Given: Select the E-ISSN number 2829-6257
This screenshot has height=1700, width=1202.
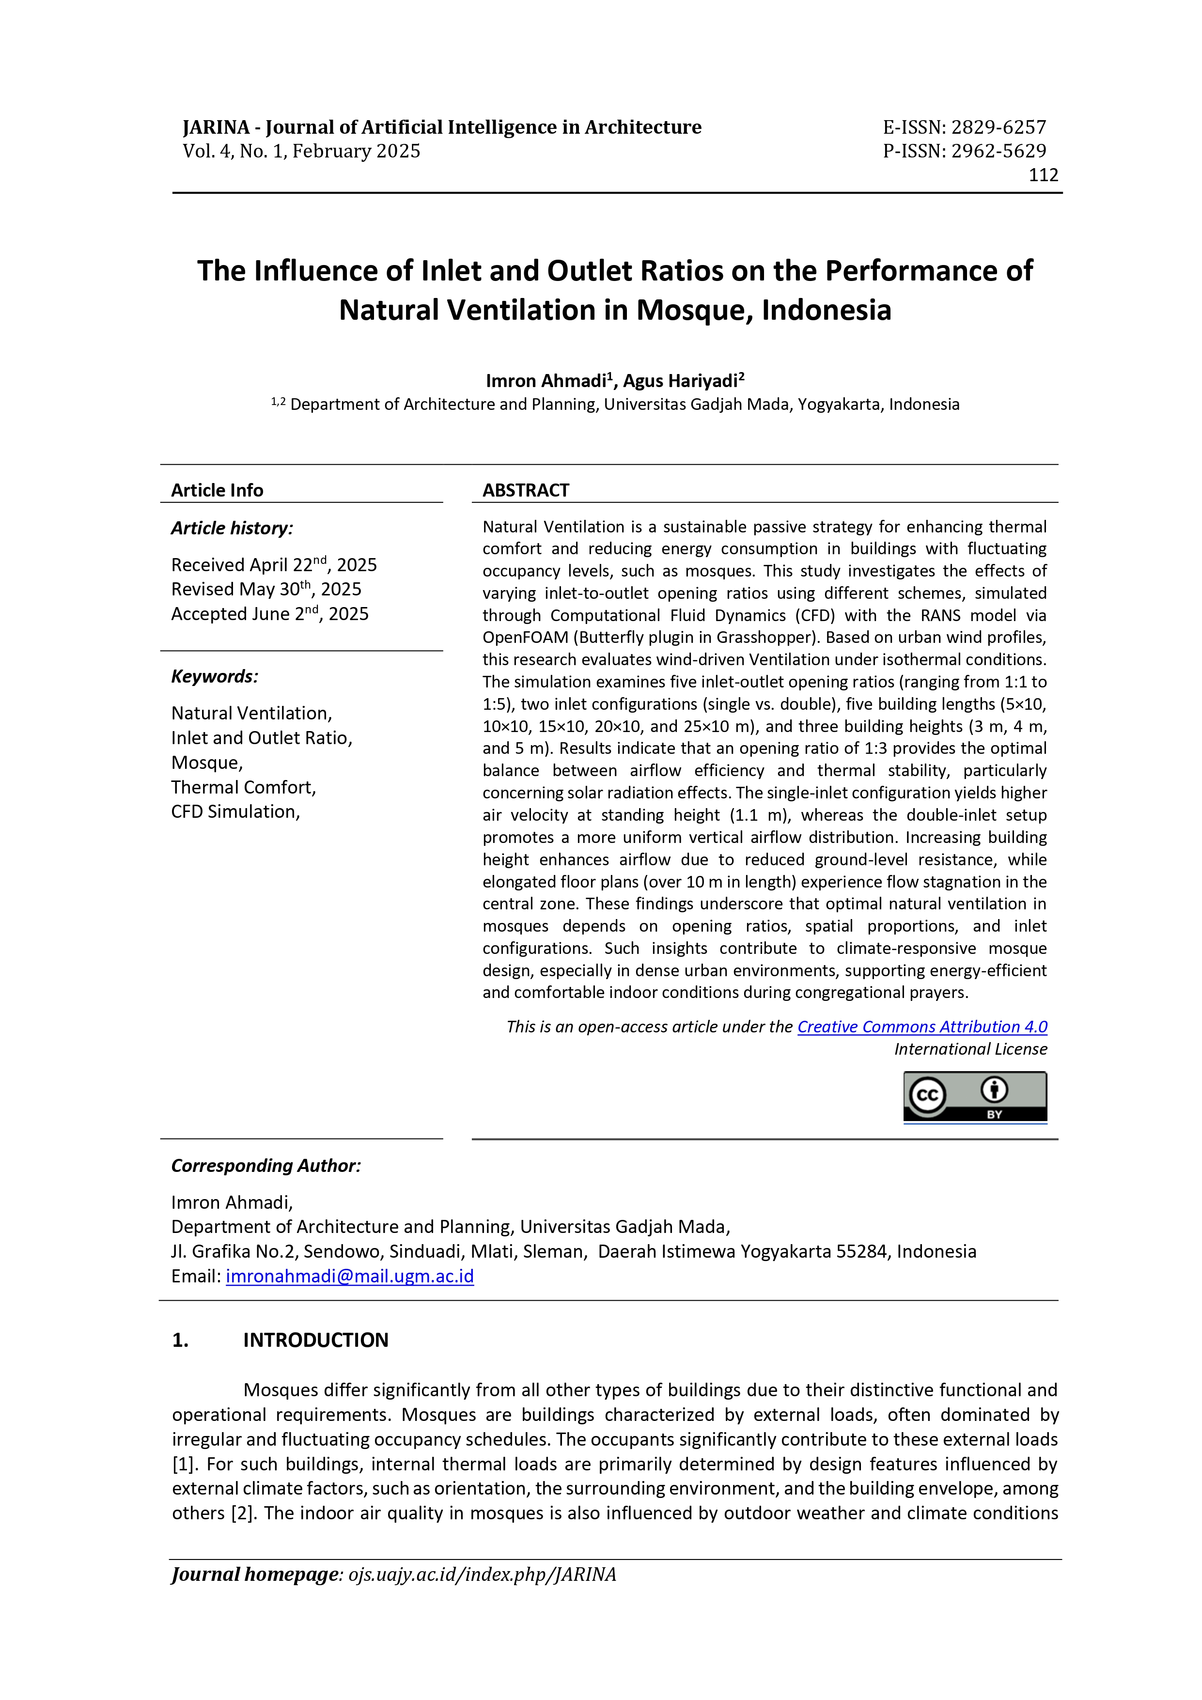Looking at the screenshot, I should pyautogui.click(x=999, y=127).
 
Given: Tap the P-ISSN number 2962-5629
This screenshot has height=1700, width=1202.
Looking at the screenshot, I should pyautogui.click(x=999, y=151).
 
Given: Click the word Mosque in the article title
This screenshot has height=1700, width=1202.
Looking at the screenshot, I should pyautogui.click(x=694, y=310).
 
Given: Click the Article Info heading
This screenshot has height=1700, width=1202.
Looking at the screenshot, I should pyautogui.click(x=217, y=490).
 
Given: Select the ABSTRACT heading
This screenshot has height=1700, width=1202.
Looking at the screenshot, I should pyautogui.click(x=526, y=490).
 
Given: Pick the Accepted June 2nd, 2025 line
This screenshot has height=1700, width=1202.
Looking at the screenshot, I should pyautogui.click(x=269, y=614).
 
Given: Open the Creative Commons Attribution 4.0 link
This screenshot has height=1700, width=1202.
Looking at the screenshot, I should pyautogui.click(x=922, y=1027).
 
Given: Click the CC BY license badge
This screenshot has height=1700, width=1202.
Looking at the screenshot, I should pyautogui.click(x=975, y=1096).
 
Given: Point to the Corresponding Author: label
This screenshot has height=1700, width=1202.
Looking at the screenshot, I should pyautogui.click(x=266, y=1166).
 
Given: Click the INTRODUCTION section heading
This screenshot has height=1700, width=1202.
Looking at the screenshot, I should pyautogui.click(x=315, y=1340).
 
